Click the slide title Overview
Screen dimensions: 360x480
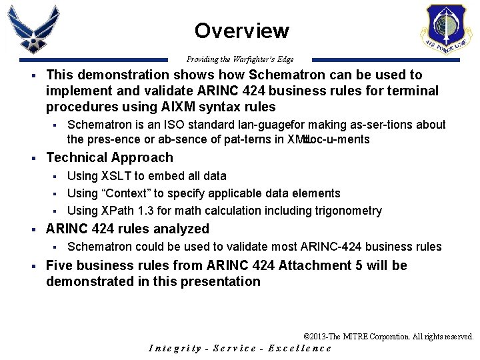point(241,31)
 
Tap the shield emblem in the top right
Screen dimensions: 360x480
point(446,30)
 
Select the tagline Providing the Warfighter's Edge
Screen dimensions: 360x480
point(240,59)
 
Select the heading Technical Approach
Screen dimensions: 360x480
point(109,157)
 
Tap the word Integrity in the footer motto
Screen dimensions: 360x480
point(175,348)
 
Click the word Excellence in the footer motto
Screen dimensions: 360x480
point(300,348)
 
